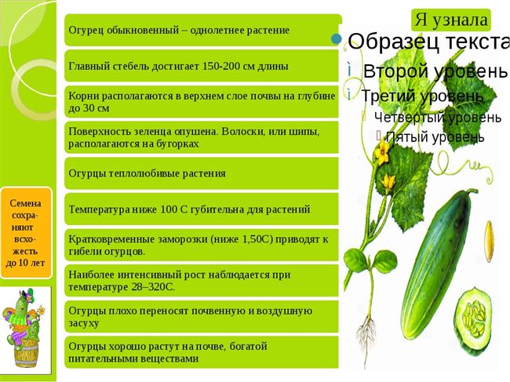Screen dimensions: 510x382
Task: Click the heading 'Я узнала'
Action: coord(451,20)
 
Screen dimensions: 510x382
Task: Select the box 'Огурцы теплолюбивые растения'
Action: coord(202,173)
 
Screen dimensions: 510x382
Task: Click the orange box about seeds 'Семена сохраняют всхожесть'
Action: coord(26,233)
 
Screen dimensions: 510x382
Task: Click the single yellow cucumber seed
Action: coord(489,241)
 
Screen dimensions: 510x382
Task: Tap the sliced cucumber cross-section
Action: coord(473,321)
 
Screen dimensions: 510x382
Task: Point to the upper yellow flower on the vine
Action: coord(383,152)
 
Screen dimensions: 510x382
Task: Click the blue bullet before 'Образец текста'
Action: coord(337,39)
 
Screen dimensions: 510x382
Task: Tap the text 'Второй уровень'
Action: coord(435,71)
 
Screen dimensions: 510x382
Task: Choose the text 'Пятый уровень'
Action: coord(435,136)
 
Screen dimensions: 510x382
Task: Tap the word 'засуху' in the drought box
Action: coord(84,324)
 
